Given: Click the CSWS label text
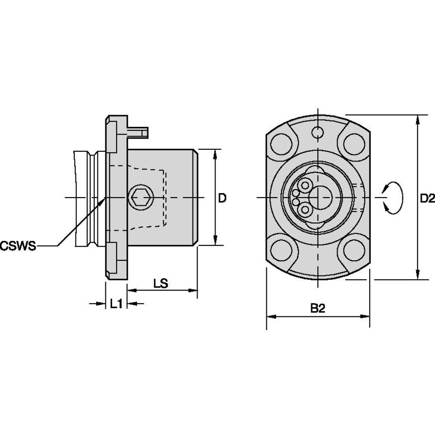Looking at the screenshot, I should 18,246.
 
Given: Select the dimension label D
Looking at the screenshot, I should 222,198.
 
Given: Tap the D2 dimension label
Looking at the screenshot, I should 427,198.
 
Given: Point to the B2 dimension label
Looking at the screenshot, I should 318,308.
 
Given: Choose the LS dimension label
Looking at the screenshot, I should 161,283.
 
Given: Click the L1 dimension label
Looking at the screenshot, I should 116,304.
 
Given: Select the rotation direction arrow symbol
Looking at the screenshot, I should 393,198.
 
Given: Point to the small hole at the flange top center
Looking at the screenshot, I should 318,133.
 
